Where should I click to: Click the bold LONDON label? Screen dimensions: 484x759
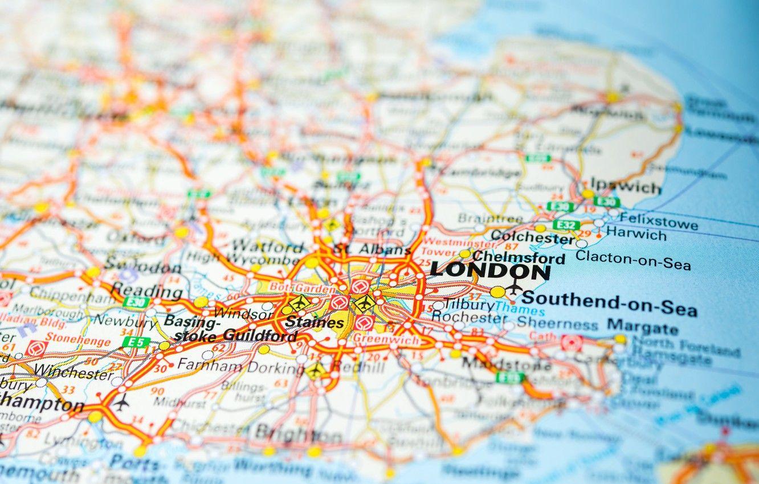490,270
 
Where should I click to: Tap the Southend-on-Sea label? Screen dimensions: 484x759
609,303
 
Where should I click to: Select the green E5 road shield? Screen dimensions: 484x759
136,342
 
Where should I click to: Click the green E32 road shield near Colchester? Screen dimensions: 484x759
566,224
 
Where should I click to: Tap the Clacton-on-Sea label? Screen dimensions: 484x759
632,260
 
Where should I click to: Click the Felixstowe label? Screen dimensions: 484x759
659,220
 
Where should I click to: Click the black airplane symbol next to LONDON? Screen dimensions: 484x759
515,288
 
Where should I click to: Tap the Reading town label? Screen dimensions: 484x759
146,291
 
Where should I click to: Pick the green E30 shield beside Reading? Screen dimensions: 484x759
136,302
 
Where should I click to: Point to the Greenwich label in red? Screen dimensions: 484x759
386,339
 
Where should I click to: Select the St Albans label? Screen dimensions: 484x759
372,249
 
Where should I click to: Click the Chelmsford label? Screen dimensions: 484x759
519,257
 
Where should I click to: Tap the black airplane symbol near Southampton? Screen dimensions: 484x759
121,402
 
